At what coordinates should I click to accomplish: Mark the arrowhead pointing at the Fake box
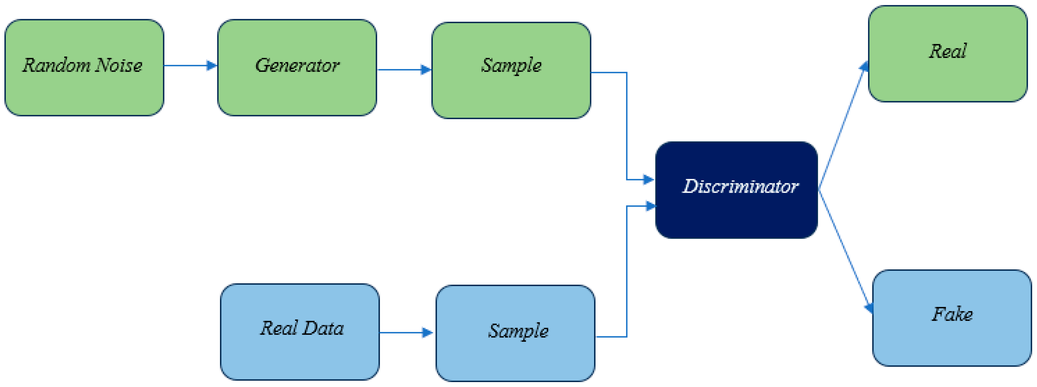869,308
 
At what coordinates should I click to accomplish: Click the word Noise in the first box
118,65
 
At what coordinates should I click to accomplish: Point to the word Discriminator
740,186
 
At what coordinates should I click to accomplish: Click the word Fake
952,314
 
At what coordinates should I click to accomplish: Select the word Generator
297,65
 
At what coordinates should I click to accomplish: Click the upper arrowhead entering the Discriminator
648,179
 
